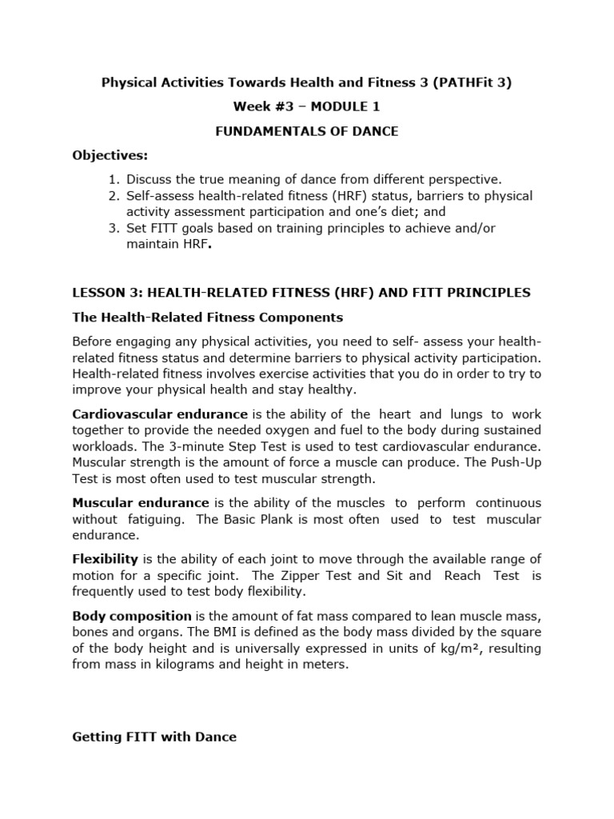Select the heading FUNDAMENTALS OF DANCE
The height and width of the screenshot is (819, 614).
point(307,131)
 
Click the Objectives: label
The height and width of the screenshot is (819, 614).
point(110,155)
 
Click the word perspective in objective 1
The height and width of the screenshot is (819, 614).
point(468,179)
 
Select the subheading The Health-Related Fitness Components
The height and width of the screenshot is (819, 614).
point(208,318)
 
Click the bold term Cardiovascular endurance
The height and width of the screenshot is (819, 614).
point(160,413)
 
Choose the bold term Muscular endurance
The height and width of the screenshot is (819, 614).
point(141,502)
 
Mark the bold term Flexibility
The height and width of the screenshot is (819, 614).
point(106,559)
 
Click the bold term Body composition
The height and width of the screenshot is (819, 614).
point(132,616)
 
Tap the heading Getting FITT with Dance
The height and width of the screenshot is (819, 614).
point(154,737)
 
